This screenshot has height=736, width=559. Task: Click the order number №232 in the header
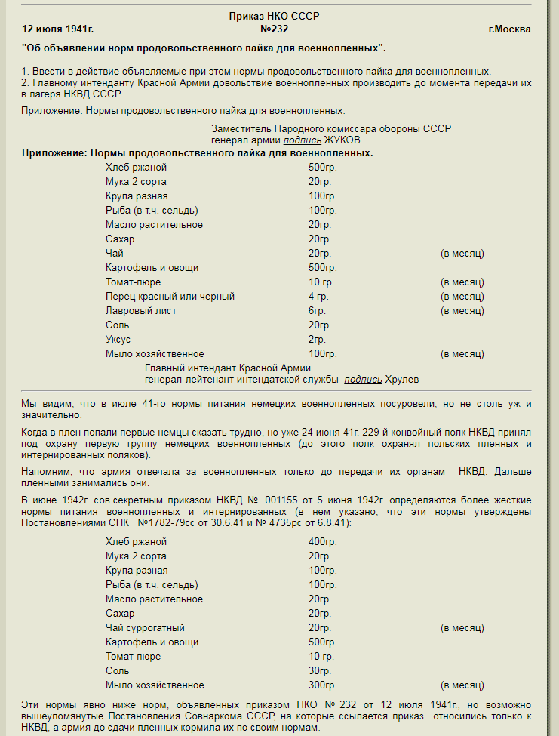[x=274, y=29]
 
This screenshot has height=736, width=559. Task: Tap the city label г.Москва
[x=509, y=29]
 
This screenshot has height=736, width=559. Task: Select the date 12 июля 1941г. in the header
[x=58, y=29]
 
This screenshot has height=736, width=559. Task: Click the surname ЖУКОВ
[x=342, y=140]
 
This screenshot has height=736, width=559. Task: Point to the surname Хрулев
[x=402, y=379]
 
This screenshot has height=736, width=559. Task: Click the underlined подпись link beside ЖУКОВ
[x=303, y=140]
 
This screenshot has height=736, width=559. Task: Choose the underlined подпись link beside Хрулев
[x=363, y=379]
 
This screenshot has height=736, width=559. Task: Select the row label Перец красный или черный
[x=170, y=297]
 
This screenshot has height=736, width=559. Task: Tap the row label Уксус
[x=118, y=340]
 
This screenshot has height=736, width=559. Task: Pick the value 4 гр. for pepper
[x=318, y=297]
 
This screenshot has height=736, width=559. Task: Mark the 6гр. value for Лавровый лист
[x=317, y=311]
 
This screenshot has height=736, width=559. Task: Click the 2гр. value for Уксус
[x=317, y=340]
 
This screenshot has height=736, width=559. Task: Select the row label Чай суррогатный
[x=145, y=628]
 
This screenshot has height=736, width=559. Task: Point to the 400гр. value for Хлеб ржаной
[x=322, y=542]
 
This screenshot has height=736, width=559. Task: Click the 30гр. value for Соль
[x=320, y=671]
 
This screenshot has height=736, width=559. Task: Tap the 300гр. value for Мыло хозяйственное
[x=322, y=685]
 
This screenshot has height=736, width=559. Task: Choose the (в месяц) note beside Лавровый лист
[x=462, y=311]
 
